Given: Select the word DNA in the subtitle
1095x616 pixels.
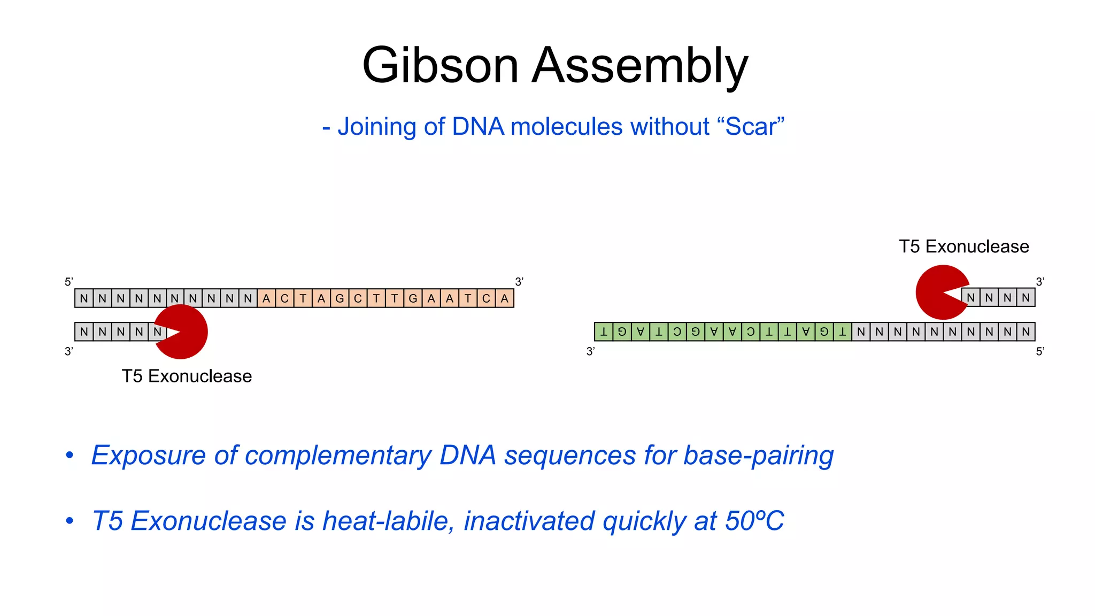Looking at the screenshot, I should pos(477,127).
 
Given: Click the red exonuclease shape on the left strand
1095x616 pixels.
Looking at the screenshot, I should pos(184,332).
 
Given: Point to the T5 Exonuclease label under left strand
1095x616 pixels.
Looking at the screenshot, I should pos(187,376).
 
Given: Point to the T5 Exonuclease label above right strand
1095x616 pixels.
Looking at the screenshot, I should pos(963,247).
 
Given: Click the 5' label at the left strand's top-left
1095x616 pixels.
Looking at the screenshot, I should pos(68,282).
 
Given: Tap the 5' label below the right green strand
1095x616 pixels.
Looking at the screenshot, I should pos(1040,351).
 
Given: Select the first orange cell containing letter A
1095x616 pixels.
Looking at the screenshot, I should pos(266,298).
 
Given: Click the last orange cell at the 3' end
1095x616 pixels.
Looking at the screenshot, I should pos(504,298).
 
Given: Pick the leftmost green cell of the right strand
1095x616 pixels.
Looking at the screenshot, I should pos(604,332).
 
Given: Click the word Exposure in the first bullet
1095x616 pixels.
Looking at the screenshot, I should pos(148,456).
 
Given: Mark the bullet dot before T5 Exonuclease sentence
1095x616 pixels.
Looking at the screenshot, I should pos(70,521).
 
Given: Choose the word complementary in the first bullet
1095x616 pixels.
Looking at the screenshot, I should pos(337,456).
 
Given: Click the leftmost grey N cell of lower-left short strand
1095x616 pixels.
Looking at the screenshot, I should pos(84,332).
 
